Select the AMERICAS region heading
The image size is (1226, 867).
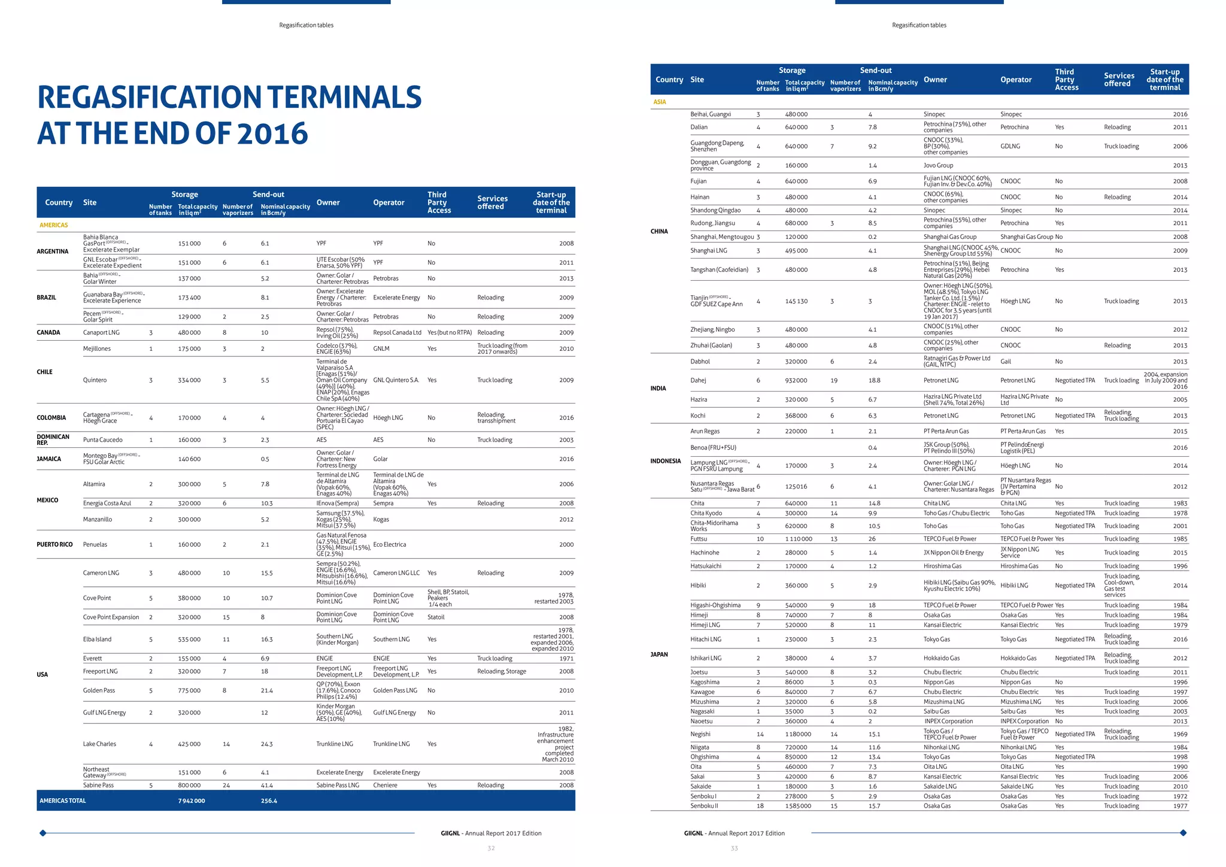point(54,225)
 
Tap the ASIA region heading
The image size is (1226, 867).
point(660,102)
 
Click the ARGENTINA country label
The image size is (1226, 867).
point(53,251)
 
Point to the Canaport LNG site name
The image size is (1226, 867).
point(101,332)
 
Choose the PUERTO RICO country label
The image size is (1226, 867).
point(54,544)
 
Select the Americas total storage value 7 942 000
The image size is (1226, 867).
point(192,801)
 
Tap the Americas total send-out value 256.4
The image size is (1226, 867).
point(269,801)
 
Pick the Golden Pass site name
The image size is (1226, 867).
point(99,690)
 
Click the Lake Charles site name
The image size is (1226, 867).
point(99,744)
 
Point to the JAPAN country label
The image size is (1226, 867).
point(659,654)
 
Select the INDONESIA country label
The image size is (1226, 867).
point(666,461)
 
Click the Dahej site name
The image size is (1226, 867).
point(698,380)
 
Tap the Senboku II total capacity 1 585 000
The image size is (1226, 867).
point(798,806)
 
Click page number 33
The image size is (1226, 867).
point(735,848)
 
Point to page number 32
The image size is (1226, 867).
point(491,848)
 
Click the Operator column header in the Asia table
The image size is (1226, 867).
point(1016,80)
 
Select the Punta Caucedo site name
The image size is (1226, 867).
point(103,439)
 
